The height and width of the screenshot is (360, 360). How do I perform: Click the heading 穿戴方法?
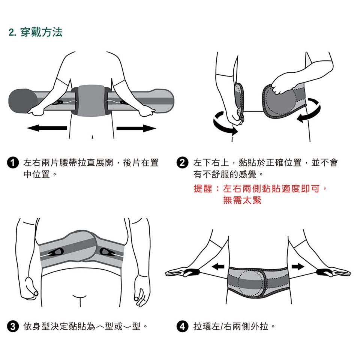coord(42,32)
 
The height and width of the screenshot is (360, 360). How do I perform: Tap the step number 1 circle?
coord(13,163)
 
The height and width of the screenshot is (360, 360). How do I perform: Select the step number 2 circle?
coord(183,163)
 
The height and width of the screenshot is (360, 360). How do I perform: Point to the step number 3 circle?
coord(13,326)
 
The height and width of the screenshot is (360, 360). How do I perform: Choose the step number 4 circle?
coord(183,326)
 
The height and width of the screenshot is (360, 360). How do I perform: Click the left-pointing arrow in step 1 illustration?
coord(47,128)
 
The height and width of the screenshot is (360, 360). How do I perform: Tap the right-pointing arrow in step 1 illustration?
coord(136,128)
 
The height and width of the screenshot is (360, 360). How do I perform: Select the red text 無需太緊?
coord(242,200)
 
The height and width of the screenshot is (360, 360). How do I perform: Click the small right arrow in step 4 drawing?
coord(298,267)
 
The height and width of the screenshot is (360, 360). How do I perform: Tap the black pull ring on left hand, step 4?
coord(191,272)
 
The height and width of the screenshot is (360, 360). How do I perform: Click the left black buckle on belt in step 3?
coord(56,252)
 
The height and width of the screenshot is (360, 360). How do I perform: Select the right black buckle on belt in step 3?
coord(108,252)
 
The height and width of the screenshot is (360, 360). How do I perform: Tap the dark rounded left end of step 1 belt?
coord(22,101)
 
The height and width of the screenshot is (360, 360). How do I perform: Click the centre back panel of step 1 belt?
coord(91,100)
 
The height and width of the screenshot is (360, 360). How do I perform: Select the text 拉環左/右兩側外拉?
coord(231,326)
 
